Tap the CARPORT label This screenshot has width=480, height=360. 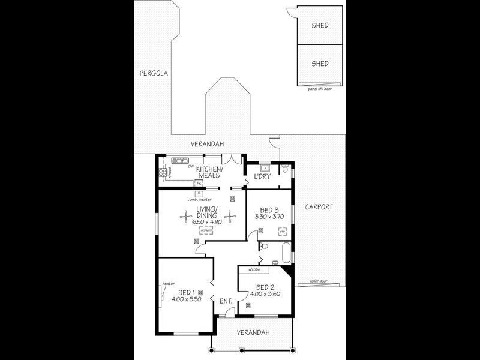pyautogui.click(x=318, y=207)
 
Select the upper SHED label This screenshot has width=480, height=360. pyautogui.click(x=320, y=26)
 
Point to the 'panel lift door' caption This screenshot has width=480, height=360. pyautogui.click(x=320, y=88)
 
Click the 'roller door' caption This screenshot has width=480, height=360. pyautogui.click(x=319, y=281)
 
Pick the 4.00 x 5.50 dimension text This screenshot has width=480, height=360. pyautogui.click(x=184, y=298)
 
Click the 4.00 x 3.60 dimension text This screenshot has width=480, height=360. pyautogui.click(x=265, y=294)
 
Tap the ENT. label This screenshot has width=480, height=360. pyautogui.click(x=226, y=301)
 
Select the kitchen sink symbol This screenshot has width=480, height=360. pyautogui.click(x=179, y=161)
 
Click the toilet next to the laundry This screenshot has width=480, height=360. pyautogui.click(x=286, y=170)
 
